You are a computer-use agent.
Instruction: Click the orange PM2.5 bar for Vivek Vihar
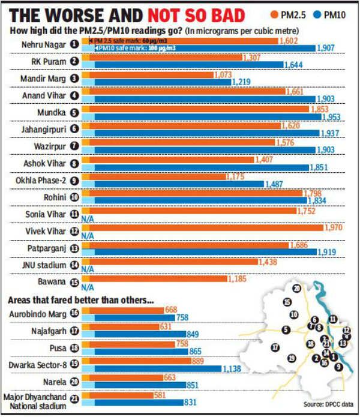pos(204,227)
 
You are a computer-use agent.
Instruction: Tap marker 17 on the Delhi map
pos(274,347)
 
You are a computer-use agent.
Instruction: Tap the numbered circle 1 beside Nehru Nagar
pos(74,43)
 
